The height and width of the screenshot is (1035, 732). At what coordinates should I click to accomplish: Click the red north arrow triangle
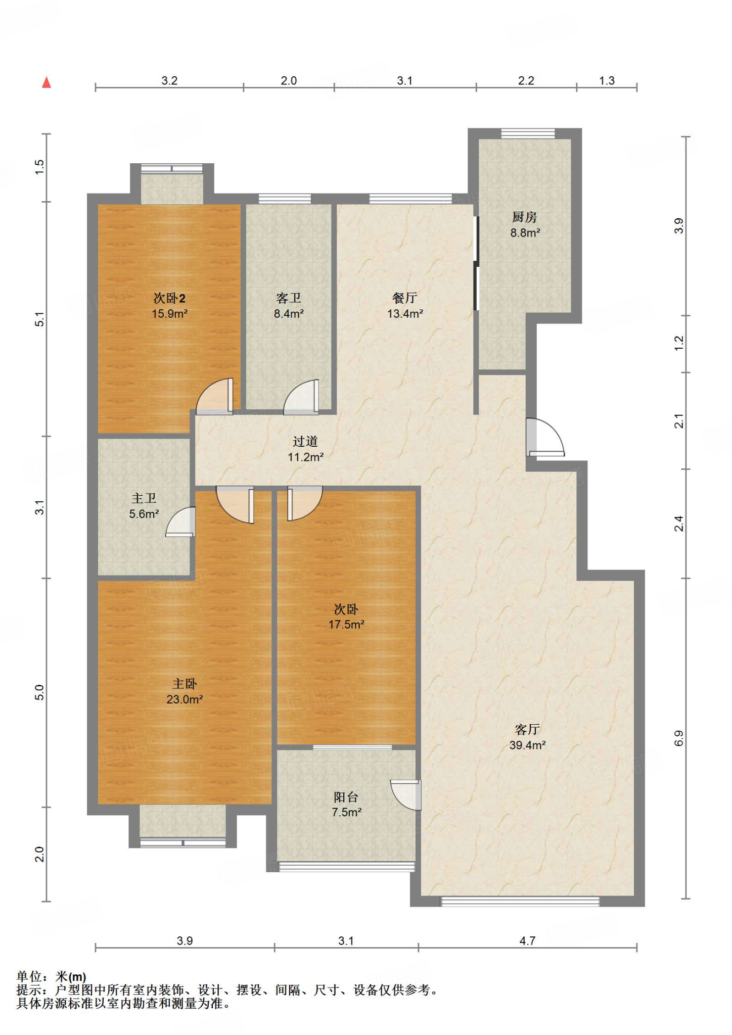coord(47,82)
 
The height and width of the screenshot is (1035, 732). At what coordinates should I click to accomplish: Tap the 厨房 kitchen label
coord(524,217)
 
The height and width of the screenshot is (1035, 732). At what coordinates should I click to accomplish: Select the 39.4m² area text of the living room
coord(527,745)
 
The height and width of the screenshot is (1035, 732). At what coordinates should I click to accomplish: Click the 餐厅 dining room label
coord(404,298)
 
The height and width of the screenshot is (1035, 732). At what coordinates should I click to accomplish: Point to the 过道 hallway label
coord(305,441)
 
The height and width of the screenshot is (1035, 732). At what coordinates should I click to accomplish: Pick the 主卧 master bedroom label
coord(185,684)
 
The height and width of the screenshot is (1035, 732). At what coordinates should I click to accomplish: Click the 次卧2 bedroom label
coord(169,298)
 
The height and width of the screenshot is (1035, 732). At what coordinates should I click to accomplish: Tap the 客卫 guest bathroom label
coord(289,298)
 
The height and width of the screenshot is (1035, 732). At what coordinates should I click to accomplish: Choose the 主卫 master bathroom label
coord(144,498)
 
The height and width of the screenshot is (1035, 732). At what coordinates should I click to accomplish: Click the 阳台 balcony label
coord(346,797)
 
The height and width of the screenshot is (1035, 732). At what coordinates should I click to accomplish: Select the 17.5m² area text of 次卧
coord(346,625)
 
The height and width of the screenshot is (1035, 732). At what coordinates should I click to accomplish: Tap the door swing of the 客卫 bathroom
coord(301,397)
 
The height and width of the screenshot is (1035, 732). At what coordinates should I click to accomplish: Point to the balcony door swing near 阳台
coord(405,795)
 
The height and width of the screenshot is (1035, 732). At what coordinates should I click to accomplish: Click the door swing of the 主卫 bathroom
coord(180,522)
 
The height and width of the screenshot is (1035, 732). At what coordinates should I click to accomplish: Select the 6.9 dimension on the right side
coord(679,738)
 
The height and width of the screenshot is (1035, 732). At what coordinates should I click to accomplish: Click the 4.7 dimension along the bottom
coord(527,940)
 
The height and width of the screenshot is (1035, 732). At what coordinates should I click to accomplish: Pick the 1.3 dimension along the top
coord(607,81)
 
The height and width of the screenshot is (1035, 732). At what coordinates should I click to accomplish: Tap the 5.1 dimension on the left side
coord(40,319)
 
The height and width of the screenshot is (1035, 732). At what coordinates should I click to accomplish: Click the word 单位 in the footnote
coord(29,977)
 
